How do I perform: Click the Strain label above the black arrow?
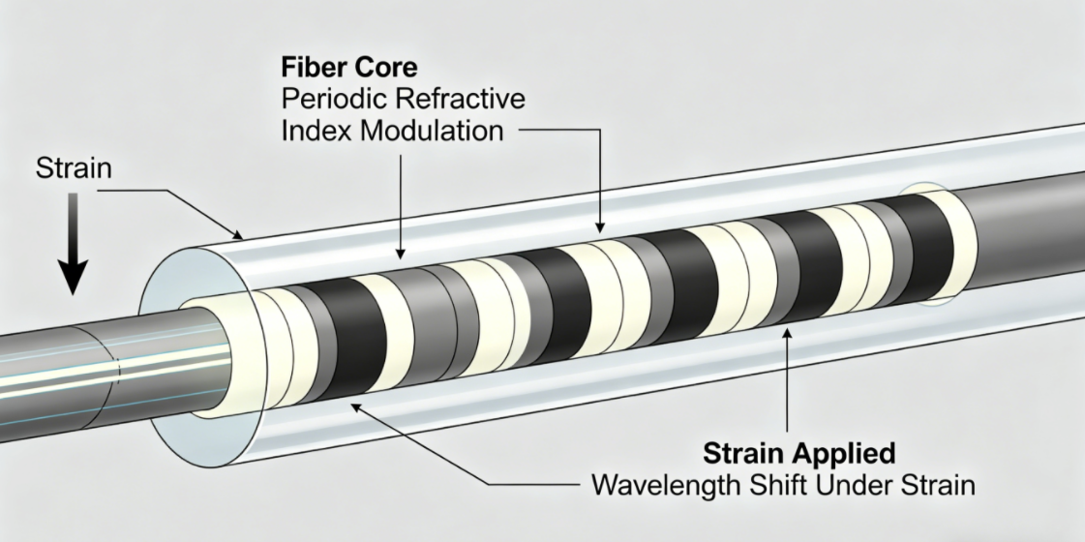click(x=73, y=168)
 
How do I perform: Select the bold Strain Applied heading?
click(x=799, y=452)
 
